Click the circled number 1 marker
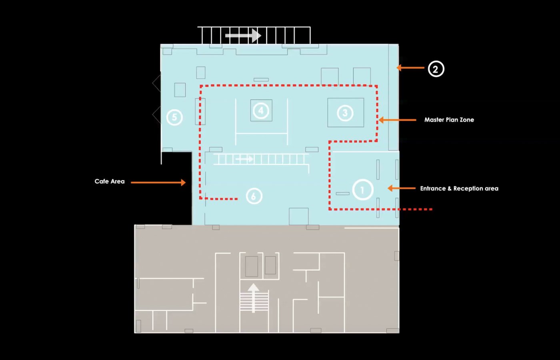point(363,190)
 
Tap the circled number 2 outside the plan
point(436,69)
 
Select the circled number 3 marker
point(345,113)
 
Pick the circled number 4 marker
point(261,110)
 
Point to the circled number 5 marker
point(174,117)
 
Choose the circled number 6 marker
point(254,196)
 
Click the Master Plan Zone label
point(449,120)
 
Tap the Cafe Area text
point(110,181)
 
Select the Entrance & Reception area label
point(459,188)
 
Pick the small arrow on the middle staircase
point(244,159)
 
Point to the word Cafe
point(101,181)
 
